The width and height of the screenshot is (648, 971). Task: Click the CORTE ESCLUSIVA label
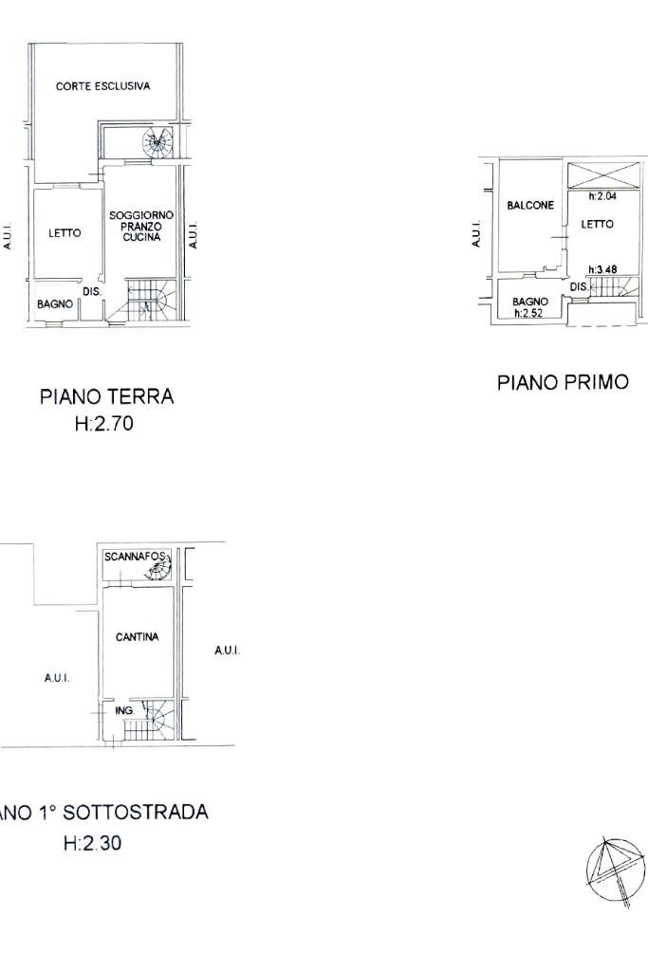tap(102, 86)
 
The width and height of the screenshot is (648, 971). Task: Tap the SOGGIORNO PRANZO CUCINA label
tap(141, 227)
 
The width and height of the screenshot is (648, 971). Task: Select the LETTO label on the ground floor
tap(65, 233)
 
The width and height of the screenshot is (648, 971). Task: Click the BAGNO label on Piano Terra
tap(55, 304)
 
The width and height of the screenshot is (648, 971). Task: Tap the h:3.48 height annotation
tap(602, 269)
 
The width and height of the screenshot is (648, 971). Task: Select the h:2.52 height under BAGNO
tap(528, 313)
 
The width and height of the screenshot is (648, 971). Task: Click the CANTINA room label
tap(137, 637)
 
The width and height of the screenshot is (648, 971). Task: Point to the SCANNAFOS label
tap(136, 557)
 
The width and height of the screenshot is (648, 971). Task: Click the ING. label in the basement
tap(123, 710)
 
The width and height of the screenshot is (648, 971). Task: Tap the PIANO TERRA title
tap(106, 396)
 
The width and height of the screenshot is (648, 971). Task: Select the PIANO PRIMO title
tap(563, 382)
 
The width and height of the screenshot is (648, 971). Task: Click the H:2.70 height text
tap(104, 425)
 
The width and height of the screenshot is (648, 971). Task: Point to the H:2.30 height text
tap(92, 842)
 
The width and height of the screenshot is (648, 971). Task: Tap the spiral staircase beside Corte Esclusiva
tap(157, 145)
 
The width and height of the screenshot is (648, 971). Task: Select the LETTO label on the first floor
tap(598, 225)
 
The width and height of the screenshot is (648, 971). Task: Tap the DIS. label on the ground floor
tap(92, 292)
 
